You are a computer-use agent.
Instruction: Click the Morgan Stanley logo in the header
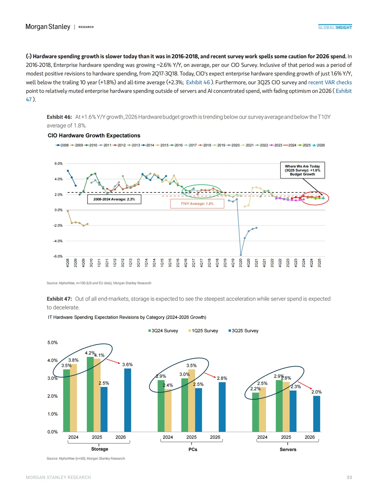(x=48, y=27)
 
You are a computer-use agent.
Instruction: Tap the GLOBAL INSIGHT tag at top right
(x=335, y=27)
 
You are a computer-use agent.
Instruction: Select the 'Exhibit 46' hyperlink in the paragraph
(x=198, y=82)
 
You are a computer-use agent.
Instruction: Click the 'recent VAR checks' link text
(x=330, y=82)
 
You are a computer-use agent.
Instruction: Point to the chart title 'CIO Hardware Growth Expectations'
(x=94, y=136)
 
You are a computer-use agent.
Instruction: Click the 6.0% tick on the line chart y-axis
(x=58, y=164)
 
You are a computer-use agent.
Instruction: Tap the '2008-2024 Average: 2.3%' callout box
(x=114, y=199)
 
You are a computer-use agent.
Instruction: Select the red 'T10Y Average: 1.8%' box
(x=197, y=204)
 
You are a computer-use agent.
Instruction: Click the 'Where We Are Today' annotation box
(x=302, y=170)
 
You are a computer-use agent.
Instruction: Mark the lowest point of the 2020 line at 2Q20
(x=241, y=255)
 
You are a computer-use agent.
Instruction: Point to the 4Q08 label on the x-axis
(x=68, y=263)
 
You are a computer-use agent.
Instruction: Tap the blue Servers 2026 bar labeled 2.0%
(x=316, y=414)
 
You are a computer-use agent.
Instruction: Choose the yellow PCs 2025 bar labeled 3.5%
(x=191, y=400)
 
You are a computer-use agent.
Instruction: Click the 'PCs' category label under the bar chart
(x=193, y=449)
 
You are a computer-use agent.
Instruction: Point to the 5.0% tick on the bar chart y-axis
(x=52, y=342)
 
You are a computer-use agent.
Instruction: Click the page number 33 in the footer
(x=349, y=477)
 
